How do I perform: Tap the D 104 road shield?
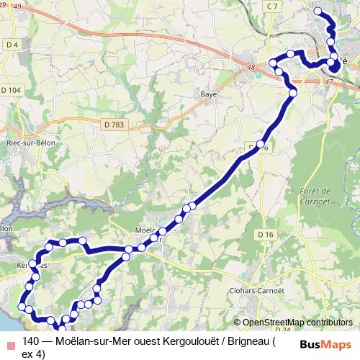tap(12, 90)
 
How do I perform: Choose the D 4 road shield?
tap(10, 45)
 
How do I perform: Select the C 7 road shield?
tap(271, 6)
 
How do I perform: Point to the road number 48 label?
tap(251, 68)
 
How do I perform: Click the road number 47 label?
tap(329, 83)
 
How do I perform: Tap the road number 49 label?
tap(17, 6)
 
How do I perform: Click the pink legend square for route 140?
tap(8, 342)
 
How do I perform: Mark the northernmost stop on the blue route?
tap(318, 10)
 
